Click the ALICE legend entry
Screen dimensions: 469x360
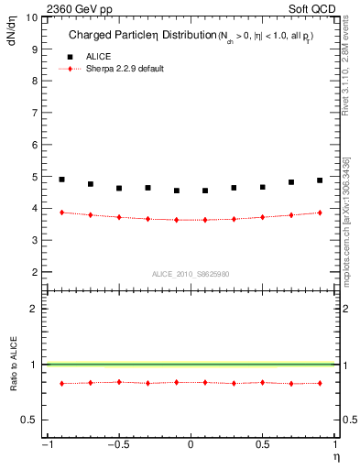pos(99,56)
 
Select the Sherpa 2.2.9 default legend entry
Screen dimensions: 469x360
pos(125,69)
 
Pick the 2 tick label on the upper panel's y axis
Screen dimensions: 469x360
pos(35,272)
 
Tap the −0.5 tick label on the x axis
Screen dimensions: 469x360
pos(117,445)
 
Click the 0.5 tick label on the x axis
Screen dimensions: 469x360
pos(262,445)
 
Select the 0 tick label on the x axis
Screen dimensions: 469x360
pos(191,445)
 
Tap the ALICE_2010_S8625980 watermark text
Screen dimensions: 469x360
pos(191,273)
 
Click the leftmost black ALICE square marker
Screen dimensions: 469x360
pos(61,180)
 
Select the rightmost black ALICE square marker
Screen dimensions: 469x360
pos(320,180)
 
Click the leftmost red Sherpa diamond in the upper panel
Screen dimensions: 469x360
pos(61,213)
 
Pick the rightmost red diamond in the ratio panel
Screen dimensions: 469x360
pos(320,383)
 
